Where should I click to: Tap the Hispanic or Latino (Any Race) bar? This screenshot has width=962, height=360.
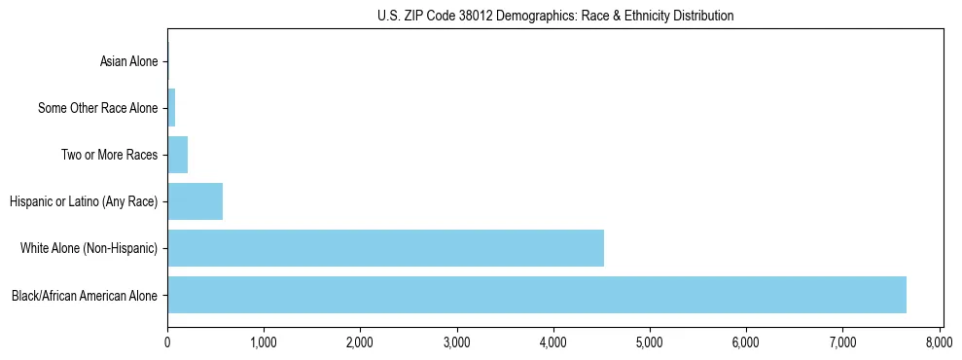(x=195, y=201)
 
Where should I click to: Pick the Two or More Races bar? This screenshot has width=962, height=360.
(x=177, y=155)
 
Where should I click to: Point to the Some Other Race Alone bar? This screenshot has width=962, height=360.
(x=171, y=108)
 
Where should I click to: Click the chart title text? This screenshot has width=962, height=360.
(x=555, y=17)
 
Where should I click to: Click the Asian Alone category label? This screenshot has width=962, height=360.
(x=128, y=62)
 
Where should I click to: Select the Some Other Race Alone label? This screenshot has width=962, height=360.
(x=97, y=108)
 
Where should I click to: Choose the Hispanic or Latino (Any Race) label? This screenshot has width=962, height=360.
(x=84, y=201)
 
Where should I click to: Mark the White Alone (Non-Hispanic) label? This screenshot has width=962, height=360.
(x=89, y=248)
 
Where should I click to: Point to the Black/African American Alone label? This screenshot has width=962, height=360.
(x=85, y=295)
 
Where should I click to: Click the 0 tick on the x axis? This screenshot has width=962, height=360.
(x=167, y=342)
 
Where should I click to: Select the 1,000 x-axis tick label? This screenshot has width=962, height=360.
(x=264, y=342)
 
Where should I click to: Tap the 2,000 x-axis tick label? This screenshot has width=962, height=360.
(x=360, y=342)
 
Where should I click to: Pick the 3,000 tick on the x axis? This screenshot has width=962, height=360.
(x=456, y=342)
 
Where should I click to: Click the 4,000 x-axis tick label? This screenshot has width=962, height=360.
(x=553, y=342)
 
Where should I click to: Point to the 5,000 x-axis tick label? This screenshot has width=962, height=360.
(x=650, y=342)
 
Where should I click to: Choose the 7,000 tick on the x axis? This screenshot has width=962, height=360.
(x=842, y=342)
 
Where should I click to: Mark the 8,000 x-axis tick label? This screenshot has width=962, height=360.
(x=939, y=342)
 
